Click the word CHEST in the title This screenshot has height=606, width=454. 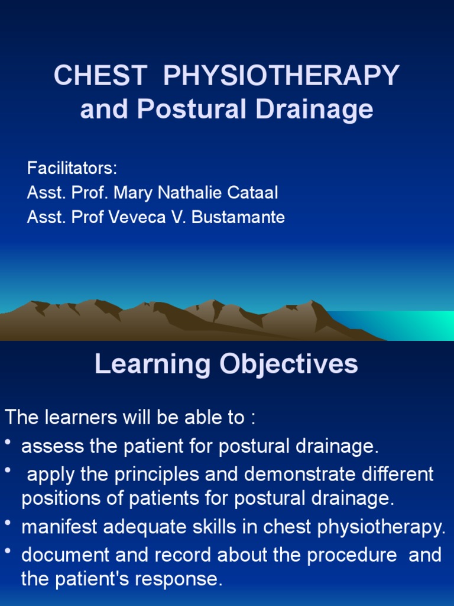click(100, 75)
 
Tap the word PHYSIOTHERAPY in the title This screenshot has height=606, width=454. click(281, 75)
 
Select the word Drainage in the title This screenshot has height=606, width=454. click(314, 109)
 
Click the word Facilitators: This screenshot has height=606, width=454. click(72, 168)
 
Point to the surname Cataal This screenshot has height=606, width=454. click(252, 192)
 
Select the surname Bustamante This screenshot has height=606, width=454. click(238, 217)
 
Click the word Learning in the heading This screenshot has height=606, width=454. click(153, 365)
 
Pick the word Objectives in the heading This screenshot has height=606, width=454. click(288, 365)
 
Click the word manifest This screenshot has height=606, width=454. click(60, 527)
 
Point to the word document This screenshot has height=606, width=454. click(65, 555)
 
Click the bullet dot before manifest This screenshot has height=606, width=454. click(8, 523)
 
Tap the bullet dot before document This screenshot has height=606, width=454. click(8, 552)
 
